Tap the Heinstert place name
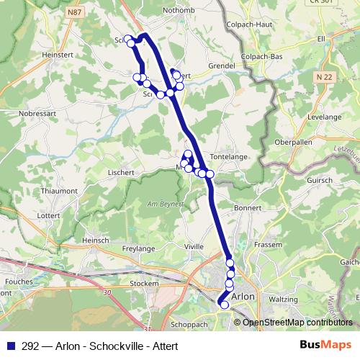pyautogui.click(x=58, y=53)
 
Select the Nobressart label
pyautogui.click(x=38, y=113)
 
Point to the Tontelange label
pyautogui.click(x=230, y=156)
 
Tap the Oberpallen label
pyautogui.click(x=292, y=142)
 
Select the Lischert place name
pyautogui.click(x=122, y=173)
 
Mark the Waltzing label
pyautogui.click(x=283, y=299)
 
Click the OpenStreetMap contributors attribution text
pyautogui.click(x=297, y=323)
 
